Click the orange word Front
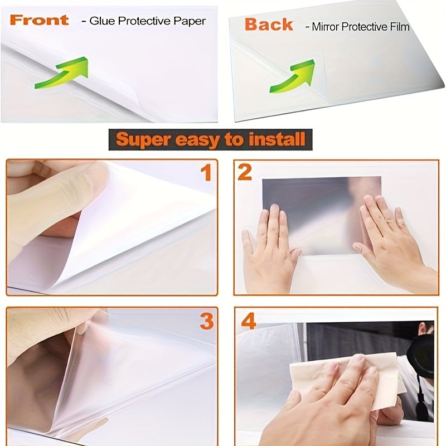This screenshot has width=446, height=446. pos(39,21)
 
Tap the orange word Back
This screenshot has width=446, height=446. pos(268,25)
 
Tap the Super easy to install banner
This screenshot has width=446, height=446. pos(210,139)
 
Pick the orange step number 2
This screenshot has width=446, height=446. pos(245,173)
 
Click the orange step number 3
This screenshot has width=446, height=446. pos(206,321)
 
